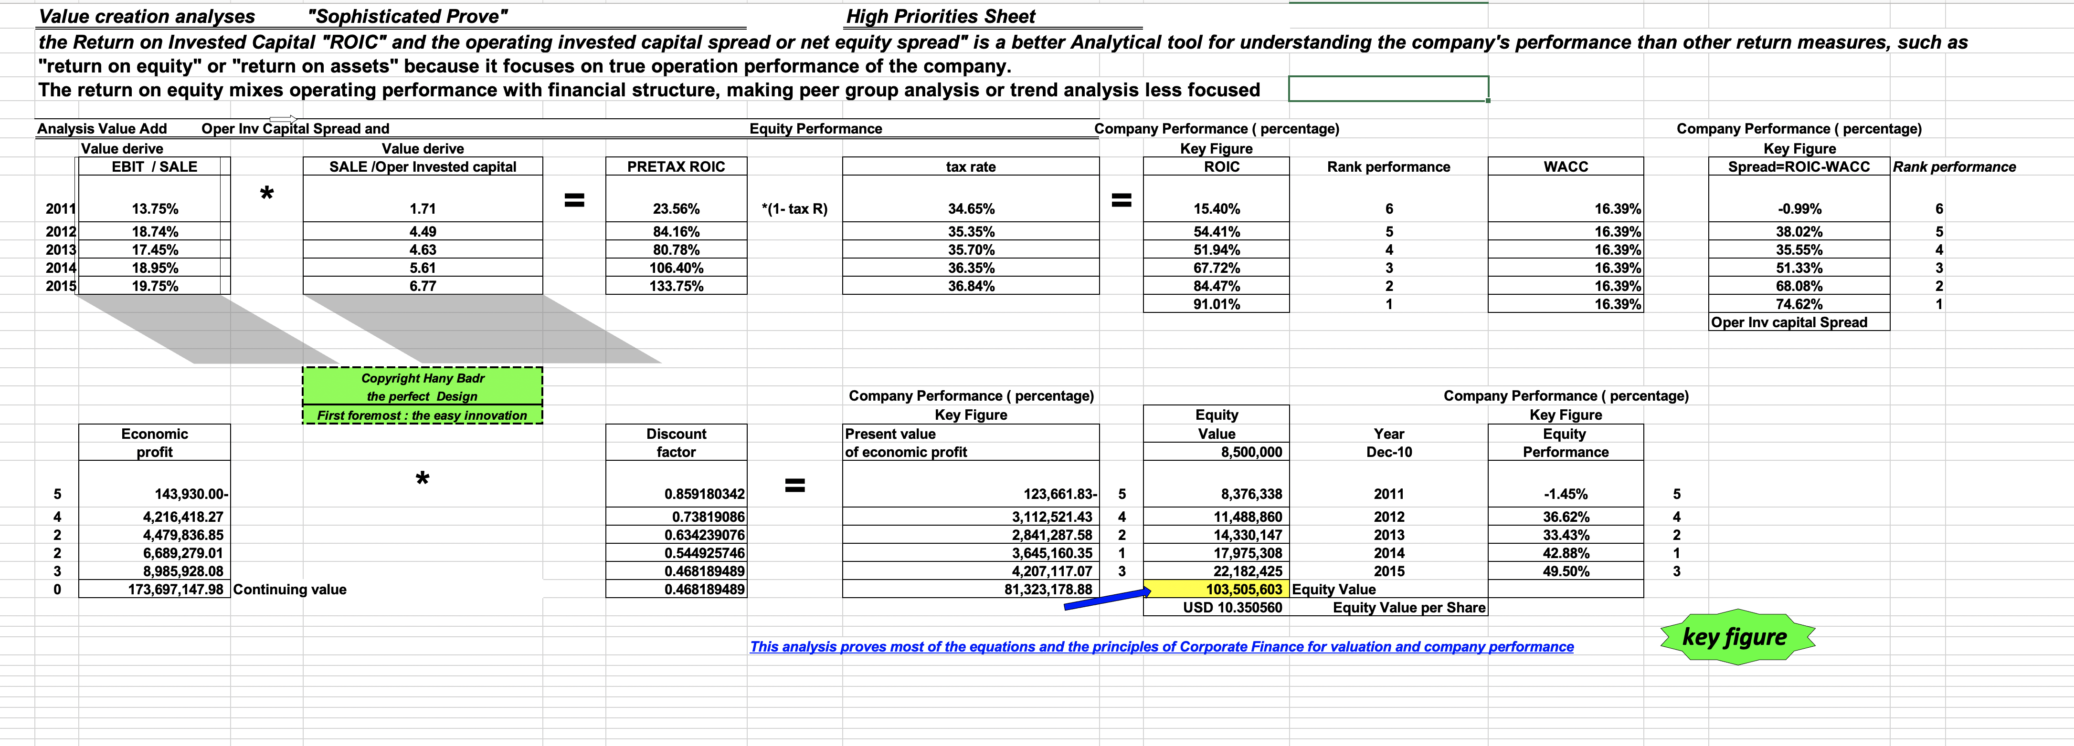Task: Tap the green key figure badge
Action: [x=1736, y=637]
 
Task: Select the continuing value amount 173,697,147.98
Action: [x=176, y=589]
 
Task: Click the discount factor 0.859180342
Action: [x=704, y=493]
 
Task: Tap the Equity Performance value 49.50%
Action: [x=1565, y=571]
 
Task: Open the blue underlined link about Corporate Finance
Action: [x=1161, y=646]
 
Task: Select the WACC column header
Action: [x=1565, y=166]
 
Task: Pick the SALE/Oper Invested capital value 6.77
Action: [x=423, y=286]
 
